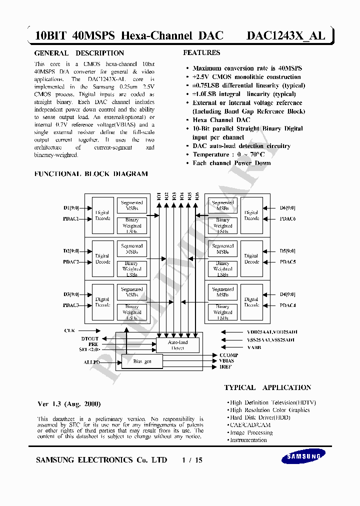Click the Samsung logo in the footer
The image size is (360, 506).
click(304, 456)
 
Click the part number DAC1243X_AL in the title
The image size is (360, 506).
click(285, 35)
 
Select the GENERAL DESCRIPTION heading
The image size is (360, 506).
click(79, 53)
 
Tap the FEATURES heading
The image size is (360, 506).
click(201, 52)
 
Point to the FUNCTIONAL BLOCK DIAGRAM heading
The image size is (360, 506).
click(90, 174)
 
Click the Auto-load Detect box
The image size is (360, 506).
click(177, 345)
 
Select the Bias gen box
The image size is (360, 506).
click(142, 361)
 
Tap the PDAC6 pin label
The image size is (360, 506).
click(287, 218)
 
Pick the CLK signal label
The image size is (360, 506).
click(69, 330)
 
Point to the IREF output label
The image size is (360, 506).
click(226, 367)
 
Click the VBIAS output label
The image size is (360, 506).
click(226, 360)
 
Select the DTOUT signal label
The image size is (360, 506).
click(90, 338)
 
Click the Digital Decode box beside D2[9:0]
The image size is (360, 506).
click(102, 259)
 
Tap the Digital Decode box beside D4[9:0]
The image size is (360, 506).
click(251, 302)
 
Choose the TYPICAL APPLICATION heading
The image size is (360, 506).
click(267, 387)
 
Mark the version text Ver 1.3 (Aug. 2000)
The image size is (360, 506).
click(69, 404)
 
